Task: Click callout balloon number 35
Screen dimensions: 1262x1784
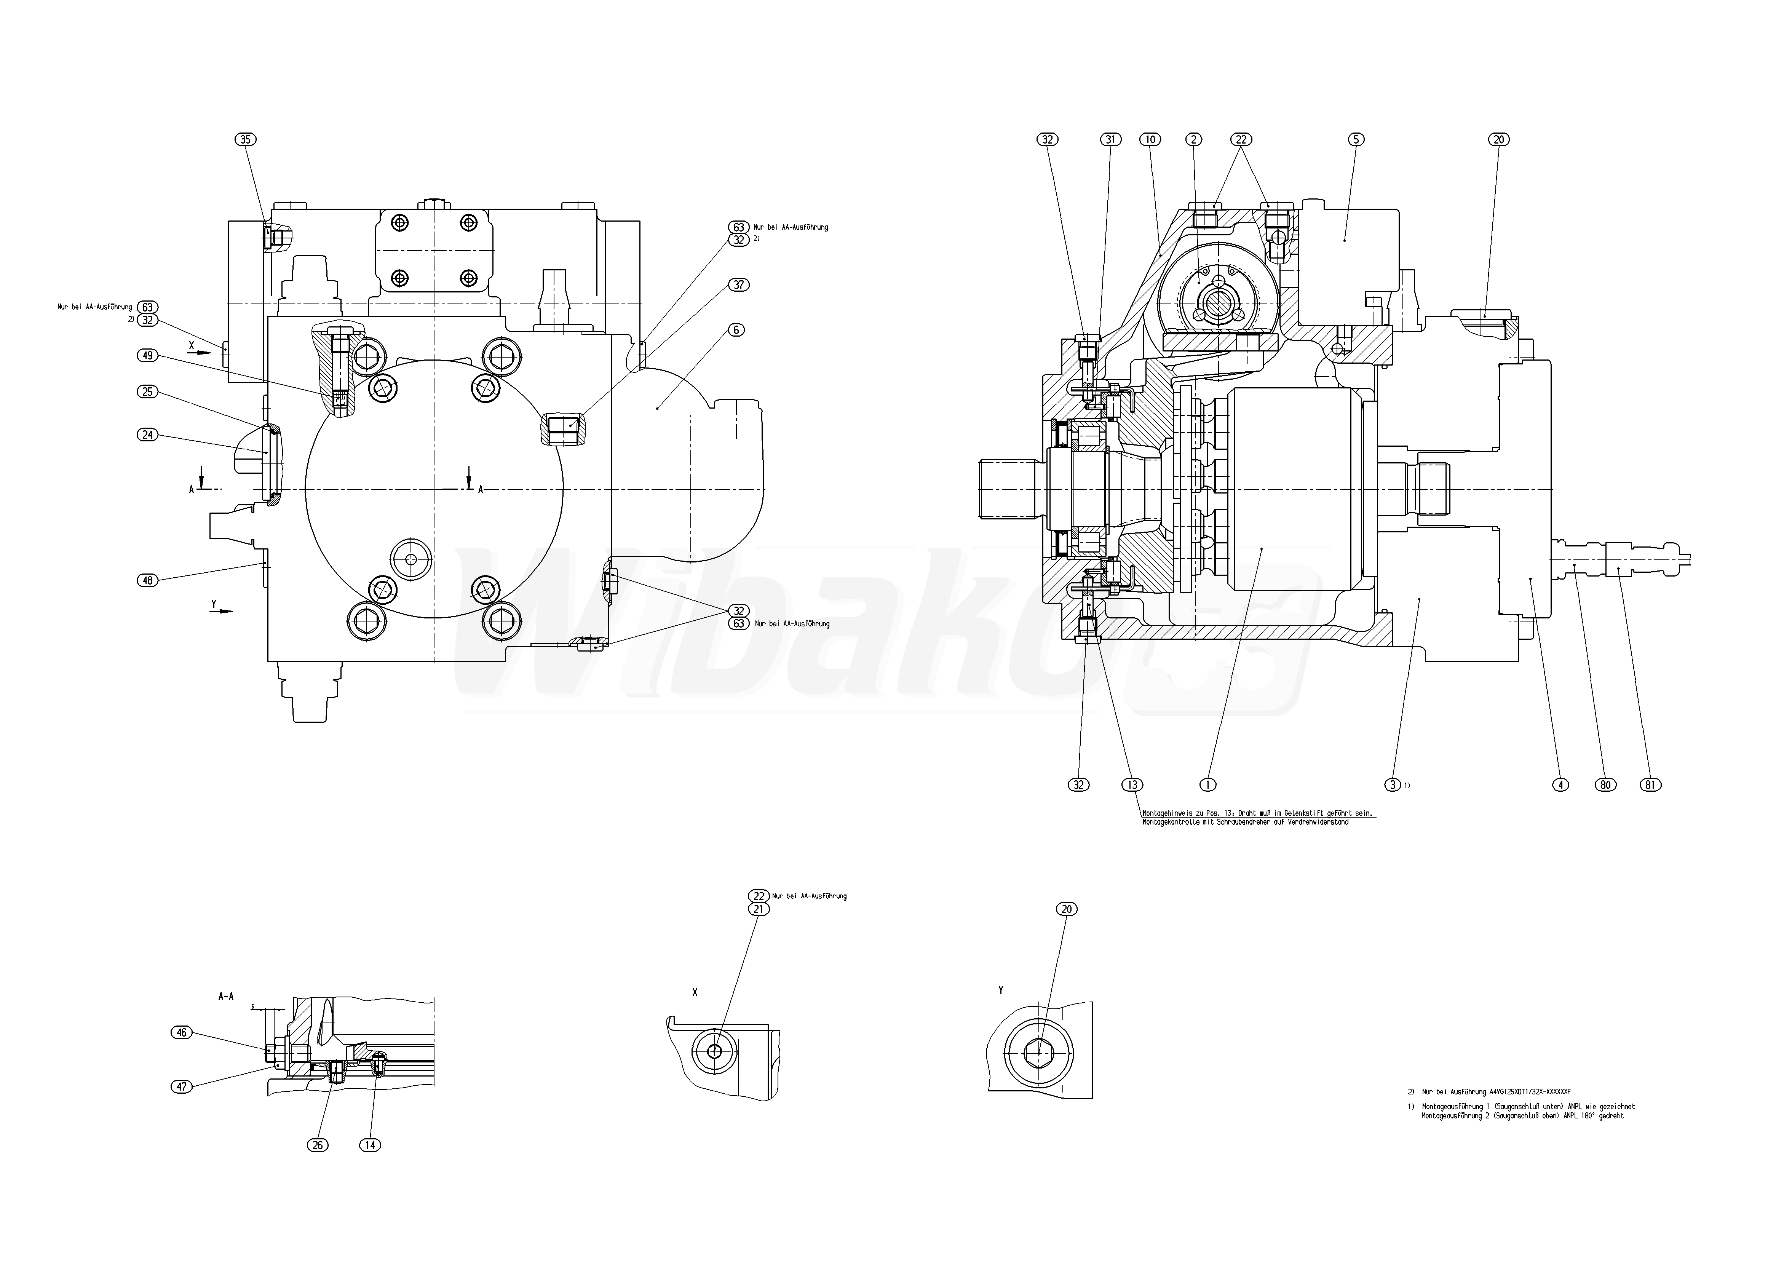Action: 246,140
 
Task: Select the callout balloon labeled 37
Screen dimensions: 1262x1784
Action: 738,285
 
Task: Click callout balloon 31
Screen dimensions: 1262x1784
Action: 1111,140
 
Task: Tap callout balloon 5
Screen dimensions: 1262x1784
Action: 1355,140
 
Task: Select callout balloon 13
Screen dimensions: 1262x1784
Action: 1132,785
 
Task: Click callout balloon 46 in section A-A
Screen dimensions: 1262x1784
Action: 182,1033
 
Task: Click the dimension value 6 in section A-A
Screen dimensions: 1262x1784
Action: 252,1006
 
